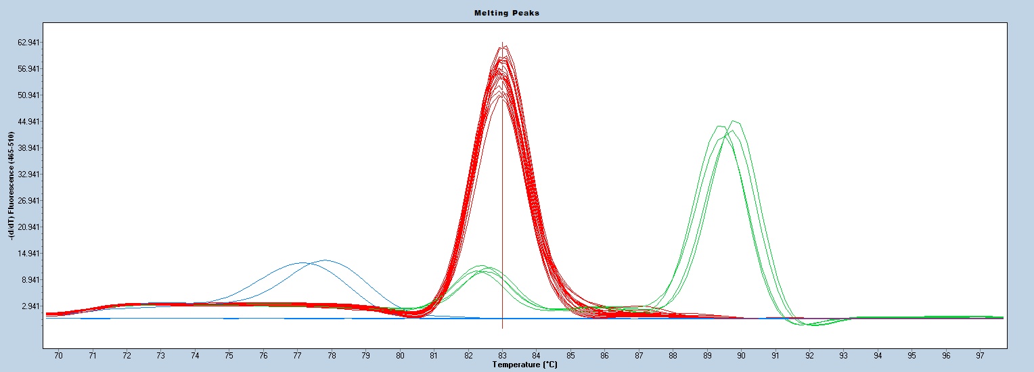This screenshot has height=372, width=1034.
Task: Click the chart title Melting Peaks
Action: (516, 13)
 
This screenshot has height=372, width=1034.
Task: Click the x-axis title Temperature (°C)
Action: (524, 365)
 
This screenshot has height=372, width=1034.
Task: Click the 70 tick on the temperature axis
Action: (58, 355)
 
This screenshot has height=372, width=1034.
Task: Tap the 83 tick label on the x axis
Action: (502, 355)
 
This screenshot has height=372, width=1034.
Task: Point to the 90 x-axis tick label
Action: (741, 355)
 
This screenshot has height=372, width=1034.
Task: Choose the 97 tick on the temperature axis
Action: (980, 355)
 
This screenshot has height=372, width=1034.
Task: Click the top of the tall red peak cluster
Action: (503, 47)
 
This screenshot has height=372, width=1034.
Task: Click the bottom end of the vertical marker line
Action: (502, 328)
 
